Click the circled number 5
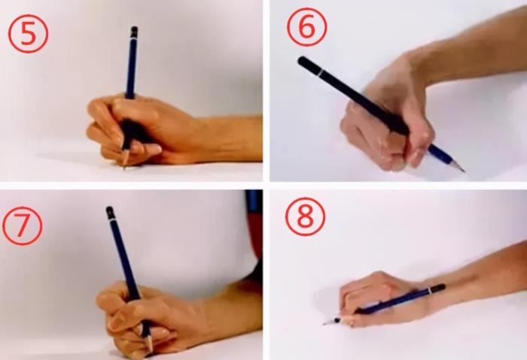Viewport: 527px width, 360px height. pyautogui.click(x=29, y=33)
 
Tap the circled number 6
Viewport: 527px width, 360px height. pyautogui.click(x=306, y=26)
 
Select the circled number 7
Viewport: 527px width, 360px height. pyautogui.click(x=22, y=226)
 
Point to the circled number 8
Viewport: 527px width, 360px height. pyautogui.click(x=305, y=216)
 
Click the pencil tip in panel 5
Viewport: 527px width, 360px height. pyautogui.click(x=124, y=167)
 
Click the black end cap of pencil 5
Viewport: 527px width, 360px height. pyautogui.click(x=134, y=32)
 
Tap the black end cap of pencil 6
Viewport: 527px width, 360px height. pyautogui.click(x=308, y=64)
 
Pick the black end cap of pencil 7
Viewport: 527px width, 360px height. pyautogui.click(x=110, y=212)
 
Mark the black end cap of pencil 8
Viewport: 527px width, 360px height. pyautogui.click(x=438, y=288)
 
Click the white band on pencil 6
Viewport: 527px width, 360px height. pyautogui.click(x=321, y=72)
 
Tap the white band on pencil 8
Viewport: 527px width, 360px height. pyautogui.click(x=430, y=290)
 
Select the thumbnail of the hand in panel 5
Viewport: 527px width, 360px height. pyautogui.click(x=154, y=148)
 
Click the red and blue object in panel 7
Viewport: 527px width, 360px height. pyautogui.click(x=254, y=222)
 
